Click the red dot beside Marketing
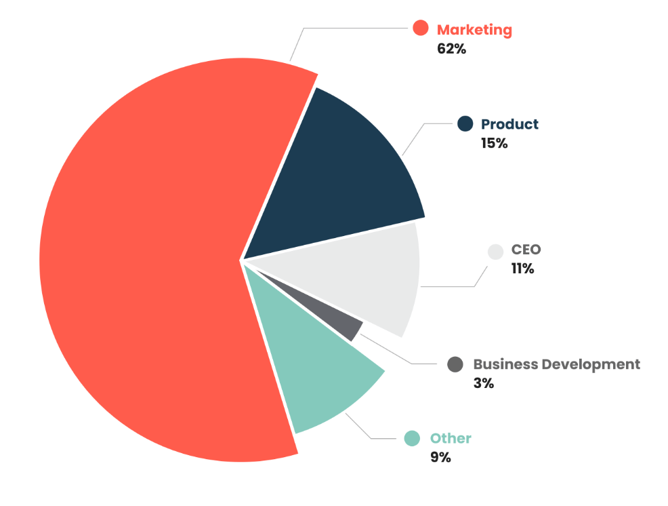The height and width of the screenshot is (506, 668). click(x=421, y=28)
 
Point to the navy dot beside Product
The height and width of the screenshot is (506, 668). click(x=465, y=123)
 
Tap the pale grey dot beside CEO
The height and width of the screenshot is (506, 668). click(x=496, y=251)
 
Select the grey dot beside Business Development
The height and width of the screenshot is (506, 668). click(x=455, y=364)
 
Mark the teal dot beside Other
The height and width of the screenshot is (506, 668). click(x=412, y=438)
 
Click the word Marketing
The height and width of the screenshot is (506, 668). click(x=474, y=30)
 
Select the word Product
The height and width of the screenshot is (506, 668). click(x=509, y=124)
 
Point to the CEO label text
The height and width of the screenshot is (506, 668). click(x=526, y=250)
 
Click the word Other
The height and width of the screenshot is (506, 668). click(x=451, y=438)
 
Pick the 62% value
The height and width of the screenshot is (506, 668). click(x=452, y=49)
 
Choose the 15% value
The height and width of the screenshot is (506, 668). click(x=494, y=143)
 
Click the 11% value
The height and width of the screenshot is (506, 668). click(x=523, y=269)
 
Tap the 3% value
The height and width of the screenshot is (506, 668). click(x=484, y=383)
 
